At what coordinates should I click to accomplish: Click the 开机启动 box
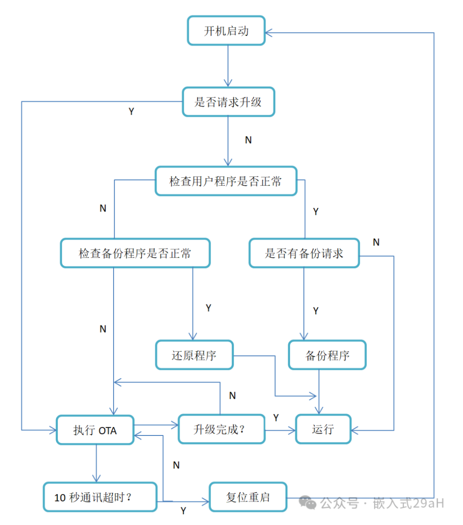pyautogui.click(x=226, y=30)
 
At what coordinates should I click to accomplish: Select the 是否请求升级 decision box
pyautogui.click(x=229, y=102)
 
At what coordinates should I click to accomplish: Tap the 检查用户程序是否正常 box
pyautogui.click(x=226, y=181)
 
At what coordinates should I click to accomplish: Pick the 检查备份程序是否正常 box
pyautogui.click(x=135, y=253)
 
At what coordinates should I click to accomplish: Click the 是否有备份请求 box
pyautogui.click(x=304, y=253)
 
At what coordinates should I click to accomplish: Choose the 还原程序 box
pyautogui.click(x=194, y=355)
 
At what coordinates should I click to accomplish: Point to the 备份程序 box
pyautogui.click(x=327, y=355)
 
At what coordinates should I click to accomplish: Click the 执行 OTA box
pyautogui.click(x=95, y=430)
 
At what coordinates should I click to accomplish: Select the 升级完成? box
pyautogui.click(x=222, y=429)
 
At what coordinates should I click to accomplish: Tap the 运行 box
pyautogui.click(x=323, y=429)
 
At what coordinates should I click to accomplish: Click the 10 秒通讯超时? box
pyautogui.click(x=100, y=497)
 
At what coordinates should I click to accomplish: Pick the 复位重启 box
pyautogui.click(x=248, y=497)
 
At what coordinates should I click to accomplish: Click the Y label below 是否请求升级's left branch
pyautogui.click(x=131, y=112)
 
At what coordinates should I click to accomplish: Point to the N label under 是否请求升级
pyautogui.click(x=248, y=140)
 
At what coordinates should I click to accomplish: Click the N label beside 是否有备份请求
pyautogui.click(x=376, y=242)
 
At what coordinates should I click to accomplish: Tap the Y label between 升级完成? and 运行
pyautogui.click(x=276, y=417)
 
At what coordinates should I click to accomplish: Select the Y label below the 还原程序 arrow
pyautogui.click(x=208, y=307)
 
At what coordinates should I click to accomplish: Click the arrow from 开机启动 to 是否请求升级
pyautogui.click(x=228, y=66)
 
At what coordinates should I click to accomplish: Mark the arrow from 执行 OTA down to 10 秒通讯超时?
pyautogui.click(x=96, y=464)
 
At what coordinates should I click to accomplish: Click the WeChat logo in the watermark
pyautogui.click(x=307, y=502)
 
